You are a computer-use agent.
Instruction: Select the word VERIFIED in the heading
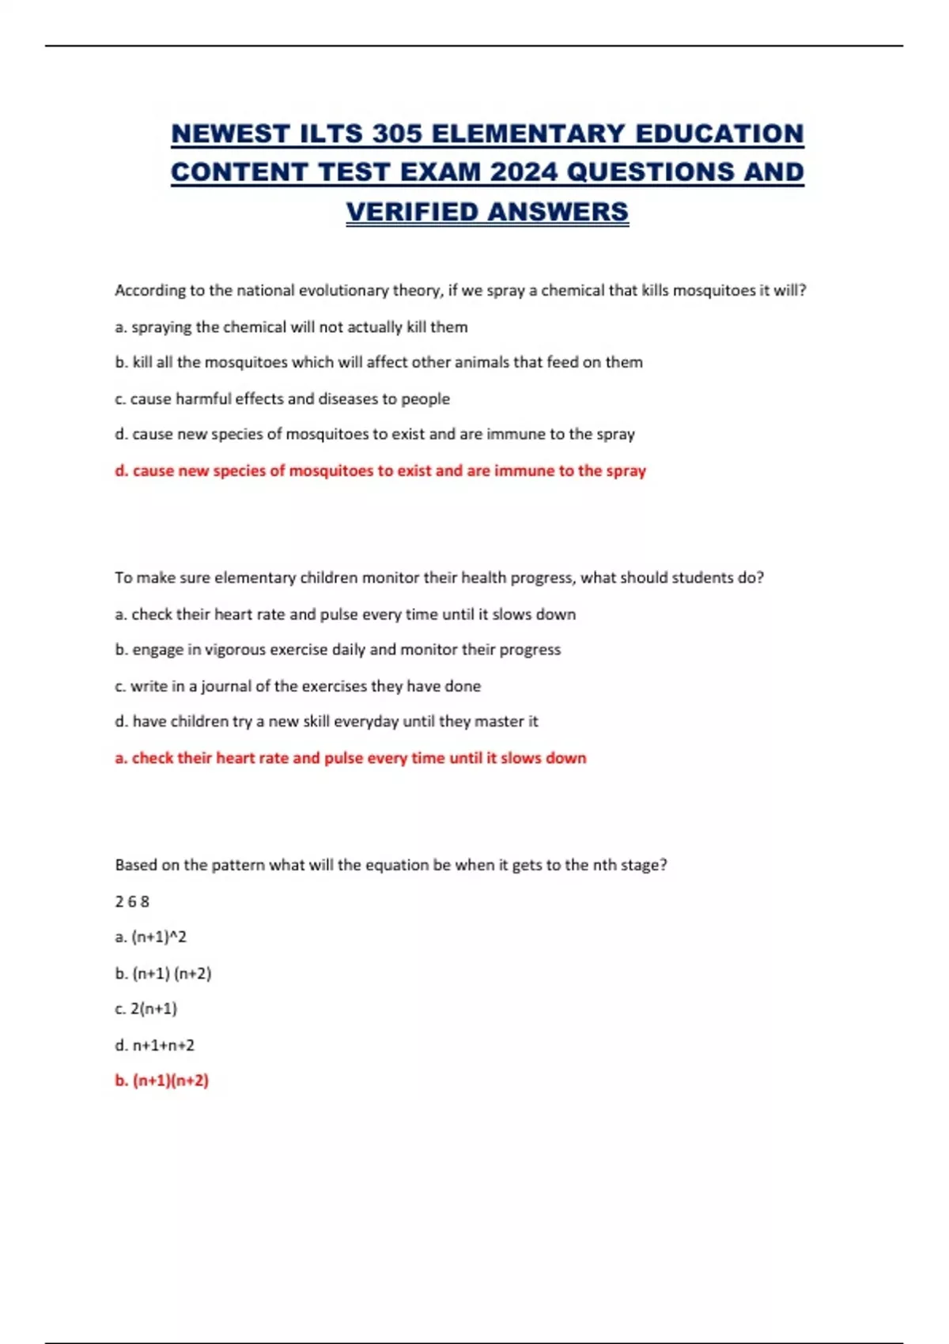click(412, 212)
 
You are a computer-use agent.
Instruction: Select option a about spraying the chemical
click(291, 327)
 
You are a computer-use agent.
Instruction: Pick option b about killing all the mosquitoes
click(378, 362)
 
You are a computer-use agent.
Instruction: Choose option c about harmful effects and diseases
click(282, 398)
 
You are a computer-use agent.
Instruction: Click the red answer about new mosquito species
click(380, 470)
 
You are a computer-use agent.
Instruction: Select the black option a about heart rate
click(345, 614)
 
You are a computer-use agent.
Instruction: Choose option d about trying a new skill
click(326, 721)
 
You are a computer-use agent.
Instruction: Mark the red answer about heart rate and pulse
click(350, 757)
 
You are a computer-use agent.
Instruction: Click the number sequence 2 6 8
click(132, 901)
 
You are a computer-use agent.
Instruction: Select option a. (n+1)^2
click(150, 937)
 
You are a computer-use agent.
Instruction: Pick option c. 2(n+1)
click(146, 1009)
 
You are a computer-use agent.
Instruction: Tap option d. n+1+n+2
click(154, 1045)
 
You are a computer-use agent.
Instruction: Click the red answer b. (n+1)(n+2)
click(161, 1081)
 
